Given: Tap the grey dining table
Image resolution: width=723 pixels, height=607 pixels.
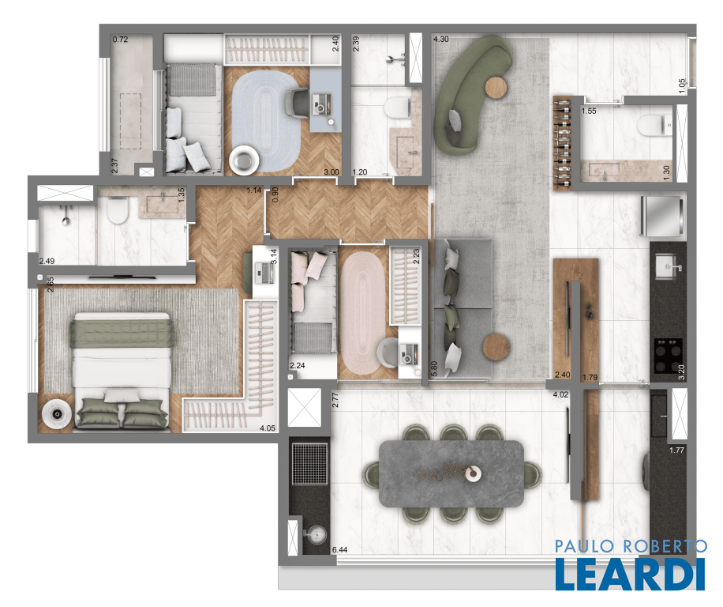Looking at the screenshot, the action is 451,473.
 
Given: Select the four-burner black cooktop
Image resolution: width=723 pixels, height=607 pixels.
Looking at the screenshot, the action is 668,356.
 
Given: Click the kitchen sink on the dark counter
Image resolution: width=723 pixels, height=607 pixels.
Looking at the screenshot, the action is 667,267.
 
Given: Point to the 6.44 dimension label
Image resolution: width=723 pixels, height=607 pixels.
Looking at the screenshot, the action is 340,549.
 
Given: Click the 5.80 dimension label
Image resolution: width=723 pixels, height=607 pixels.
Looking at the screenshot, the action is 433,369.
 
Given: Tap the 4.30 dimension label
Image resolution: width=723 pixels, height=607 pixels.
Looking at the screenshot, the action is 441,40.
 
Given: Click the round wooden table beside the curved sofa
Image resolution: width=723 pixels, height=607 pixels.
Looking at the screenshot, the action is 496,87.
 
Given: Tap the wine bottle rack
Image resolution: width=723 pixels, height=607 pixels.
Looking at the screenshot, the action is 562,143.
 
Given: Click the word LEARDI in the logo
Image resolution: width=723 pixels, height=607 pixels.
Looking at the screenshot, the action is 631,574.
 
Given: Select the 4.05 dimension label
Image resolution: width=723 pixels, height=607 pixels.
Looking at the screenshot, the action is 268,428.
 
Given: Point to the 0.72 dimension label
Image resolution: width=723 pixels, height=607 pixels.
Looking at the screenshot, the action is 120,40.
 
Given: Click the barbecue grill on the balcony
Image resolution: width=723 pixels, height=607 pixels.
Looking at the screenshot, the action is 310,464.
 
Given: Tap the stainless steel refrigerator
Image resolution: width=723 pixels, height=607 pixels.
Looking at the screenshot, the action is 661,216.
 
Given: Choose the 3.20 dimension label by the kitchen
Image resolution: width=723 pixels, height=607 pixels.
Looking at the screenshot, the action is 681,371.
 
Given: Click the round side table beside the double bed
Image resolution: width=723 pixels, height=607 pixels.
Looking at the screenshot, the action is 57,413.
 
